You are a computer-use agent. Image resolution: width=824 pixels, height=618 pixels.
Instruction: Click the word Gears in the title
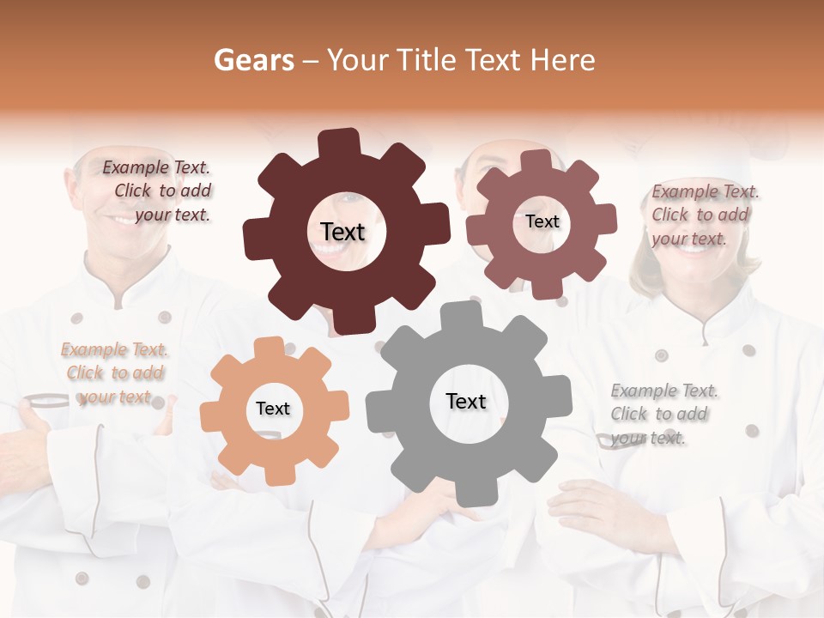click(x=252, y=60)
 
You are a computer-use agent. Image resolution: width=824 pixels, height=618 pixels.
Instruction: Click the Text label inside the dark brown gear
click(x=342, y=232)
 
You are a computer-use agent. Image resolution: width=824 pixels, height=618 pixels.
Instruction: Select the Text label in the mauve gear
click(x=542, y=221)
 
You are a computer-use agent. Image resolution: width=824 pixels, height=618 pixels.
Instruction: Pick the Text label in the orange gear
click(x=273, y=409)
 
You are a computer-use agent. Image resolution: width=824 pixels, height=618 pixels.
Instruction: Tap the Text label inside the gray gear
click(x=466, y=401)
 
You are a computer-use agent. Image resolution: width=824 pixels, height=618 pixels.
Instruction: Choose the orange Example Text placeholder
click(x=114, y=373)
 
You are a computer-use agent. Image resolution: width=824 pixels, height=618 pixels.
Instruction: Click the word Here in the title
click(x=563, y=60)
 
